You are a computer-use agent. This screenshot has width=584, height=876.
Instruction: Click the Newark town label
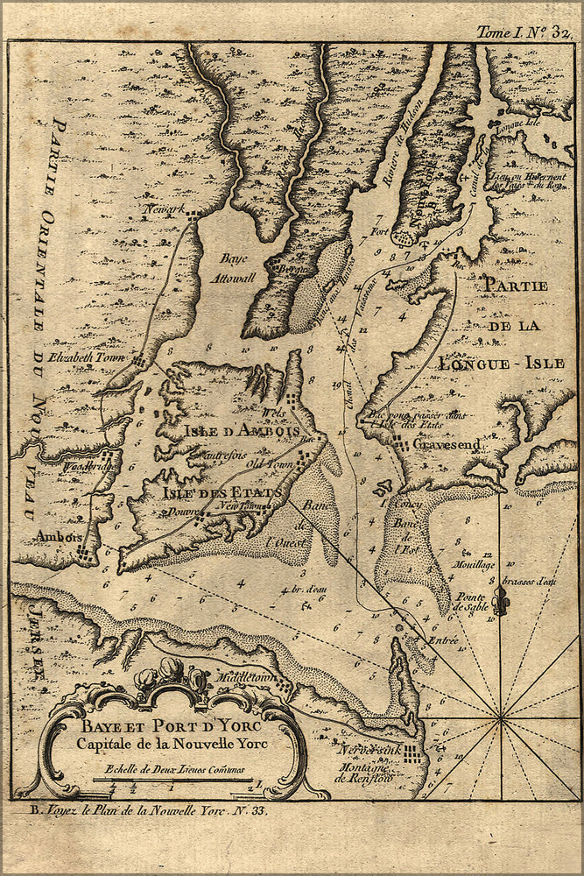tap(161, 211)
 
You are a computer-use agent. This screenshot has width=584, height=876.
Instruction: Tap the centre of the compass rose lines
tap(501, 720)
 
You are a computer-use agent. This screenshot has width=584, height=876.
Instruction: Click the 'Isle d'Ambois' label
tap(242, 431)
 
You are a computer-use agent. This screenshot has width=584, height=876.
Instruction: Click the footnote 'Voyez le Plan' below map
tap(140, 810)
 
